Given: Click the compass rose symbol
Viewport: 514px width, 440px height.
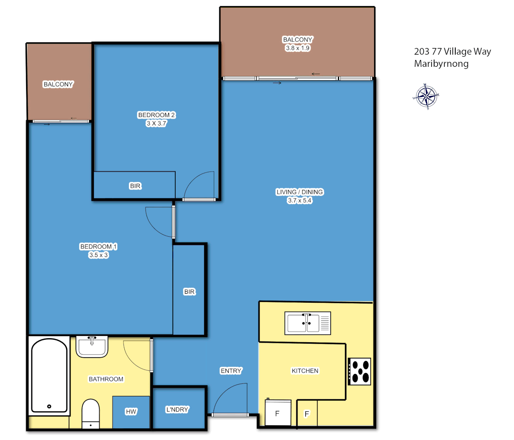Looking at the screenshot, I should click(426, 97).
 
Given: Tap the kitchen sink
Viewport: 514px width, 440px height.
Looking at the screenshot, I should click(307, 323).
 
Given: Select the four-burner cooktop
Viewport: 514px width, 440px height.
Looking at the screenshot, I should click(360, 371).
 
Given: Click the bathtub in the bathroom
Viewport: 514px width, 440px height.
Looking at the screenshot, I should click(49, 376).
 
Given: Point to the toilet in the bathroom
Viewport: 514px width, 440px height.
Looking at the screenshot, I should click(90, 413).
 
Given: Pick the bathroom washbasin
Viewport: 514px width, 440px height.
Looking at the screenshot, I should click(92, 347).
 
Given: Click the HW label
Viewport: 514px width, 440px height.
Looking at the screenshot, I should click(131, 411).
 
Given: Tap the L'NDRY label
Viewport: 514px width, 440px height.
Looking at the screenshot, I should click(177, 409).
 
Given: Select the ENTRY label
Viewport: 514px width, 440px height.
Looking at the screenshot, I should click(231, 371).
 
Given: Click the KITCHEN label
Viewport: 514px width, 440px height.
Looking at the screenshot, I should click(305, 371).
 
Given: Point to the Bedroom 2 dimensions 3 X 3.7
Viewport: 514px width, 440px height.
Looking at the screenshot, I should click(157, 123).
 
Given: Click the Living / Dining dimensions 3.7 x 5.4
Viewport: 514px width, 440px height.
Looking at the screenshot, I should click(300, 200).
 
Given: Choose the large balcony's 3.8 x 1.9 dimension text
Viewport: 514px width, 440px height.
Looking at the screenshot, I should click(298, 48).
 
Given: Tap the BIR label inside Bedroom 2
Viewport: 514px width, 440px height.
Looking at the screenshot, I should click(135, 186).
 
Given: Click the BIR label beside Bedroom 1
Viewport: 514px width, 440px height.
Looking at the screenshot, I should click(190, 292).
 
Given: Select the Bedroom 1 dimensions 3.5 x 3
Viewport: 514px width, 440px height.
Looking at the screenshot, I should click(99, 255).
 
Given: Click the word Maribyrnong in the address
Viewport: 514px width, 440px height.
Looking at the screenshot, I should click(441, 64).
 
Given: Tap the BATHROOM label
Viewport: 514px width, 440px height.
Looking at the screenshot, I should click(106, 379).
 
